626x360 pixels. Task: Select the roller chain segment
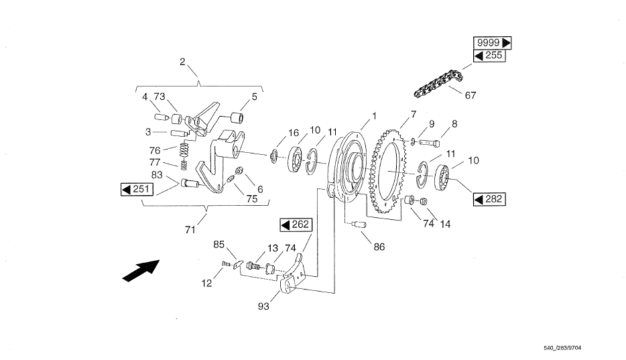click(438, 84)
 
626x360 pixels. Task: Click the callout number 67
click(471, 95)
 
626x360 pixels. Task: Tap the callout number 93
click(263, 306)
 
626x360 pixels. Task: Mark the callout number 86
click(379, 247)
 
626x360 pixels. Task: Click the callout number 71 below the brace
click(190, 230)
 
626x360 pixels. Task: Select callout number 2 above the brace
click(182, 62)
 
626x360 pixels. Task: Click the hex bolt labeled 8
click(429, 142)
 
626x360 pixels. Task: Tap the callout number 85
click(218, 244)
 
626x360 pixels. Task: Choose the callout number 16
click(294, 133)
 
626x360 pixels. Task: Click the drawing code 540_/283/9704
click(562, 348)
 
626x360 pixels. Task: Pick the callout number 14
click(445, 225)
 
